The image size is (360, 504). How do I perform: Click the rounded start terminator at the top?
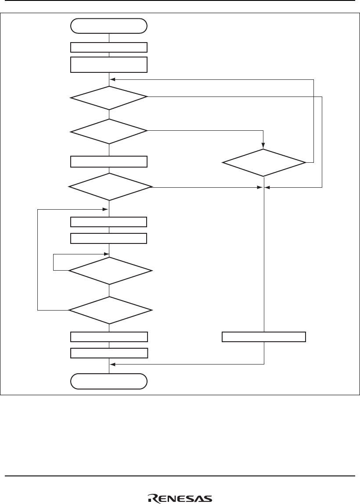coord(109,26)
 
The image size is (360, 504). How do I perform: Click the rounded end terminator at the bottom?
coord(109,381)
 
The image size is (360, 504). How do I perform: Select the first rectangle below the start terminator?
coord(109,47)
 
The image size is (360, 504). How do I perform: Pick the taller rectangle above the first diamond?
coord(109,64)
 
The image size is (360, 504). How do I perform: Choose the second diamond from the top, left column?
coord(109,131)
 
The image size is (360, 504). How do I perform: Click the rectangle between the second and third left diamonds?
coord(109,161)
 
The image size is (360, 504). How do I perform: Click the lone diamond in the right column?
coord(264,163)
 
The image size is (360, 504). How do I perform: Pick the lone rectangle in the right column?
coord(264,337)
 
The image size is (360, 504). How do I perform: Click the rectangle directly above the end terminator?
coord(109,353)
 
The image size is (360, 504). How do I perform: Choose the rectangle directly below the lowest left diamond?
coord(109,337)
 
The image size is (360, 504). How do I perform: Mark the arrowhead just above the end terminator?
coord(112,364)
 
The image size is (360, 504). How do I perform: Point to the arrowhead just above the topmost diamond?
coord(112,79)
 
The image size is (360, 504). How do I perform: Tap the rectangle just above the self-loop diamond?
coord(109,238)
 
